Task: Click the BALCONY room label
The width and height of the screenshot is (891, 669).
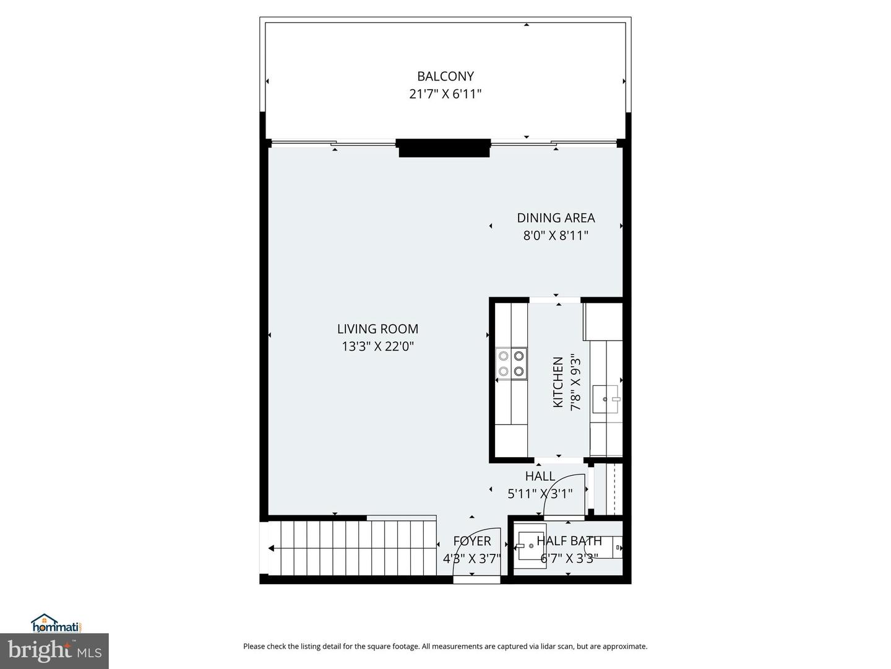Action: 445,76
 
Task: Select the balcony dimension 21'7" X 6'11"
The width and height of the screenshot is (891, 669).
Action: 445,94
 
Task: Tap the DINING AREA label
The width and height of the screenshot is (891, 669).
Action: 556,218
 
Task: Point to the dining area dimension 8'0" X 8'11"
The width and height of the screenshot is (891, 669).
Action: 556,235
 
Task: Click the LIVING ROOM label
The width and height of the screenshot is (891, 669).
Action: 377,329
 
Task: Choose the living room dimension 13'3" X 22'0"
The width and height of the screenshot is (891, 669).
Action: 377,346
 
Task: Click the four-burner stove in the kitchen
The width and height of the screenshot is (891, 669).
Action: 511,364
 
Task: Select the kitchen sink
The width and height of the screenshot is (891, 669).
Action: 605,399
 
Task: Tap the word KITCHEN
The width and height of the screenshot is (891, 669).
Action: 558,382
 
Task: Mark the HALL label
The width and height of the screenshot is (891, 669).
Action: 540,476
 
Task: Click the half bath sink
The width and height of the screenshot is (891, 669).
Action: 531,545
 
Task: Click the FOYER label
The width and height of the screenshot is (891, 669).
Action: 471,541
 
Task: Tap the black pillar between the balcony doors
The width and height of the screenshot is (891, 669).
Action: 444,148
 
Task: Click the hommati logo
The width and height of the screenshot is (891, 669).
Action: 56,623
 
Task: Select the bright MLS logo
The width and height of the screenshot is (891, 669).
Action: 54,650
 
